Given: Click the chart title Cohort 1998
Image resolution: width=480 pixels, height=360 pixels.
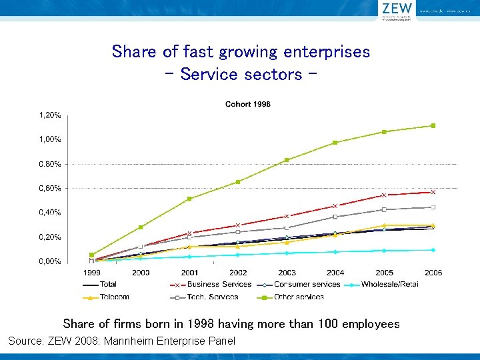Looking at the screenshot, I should tap(247, 104).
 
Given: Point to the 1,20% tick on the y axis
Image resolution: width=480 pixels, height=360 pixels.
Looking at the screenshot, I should tap(50, 115).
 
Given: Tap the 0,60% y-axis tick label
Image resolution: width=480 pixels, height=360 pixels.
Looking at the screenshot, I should tap(50, 189).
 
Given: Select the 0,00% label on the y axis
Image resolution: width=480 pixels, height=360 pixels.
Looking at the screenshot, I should tap(50, 262).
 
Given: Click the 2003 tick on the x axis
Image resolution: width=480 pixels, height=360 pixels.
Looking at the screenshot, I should tap(287, 273).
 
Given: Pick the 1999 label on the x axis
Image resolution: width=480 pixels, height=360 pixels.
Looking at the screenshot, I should tap(91, 273).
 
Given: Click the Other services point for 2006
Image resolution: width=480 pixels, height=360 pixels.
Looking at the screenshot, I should tap(433, 125).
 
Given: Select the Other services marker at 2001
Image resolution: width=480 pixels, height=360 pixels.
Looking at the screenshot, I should tap(189, 199).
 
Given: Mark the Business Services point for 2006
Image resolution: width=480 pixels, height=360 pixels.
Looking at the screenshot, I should tap(433, 192).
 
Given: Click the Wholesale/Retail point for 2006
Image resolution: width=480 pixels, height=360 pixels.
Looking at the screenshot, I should tap(433, 250).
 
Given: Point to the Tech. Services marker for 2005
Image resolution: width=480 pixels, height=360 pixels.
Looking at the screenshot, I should tap(384, 209).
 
